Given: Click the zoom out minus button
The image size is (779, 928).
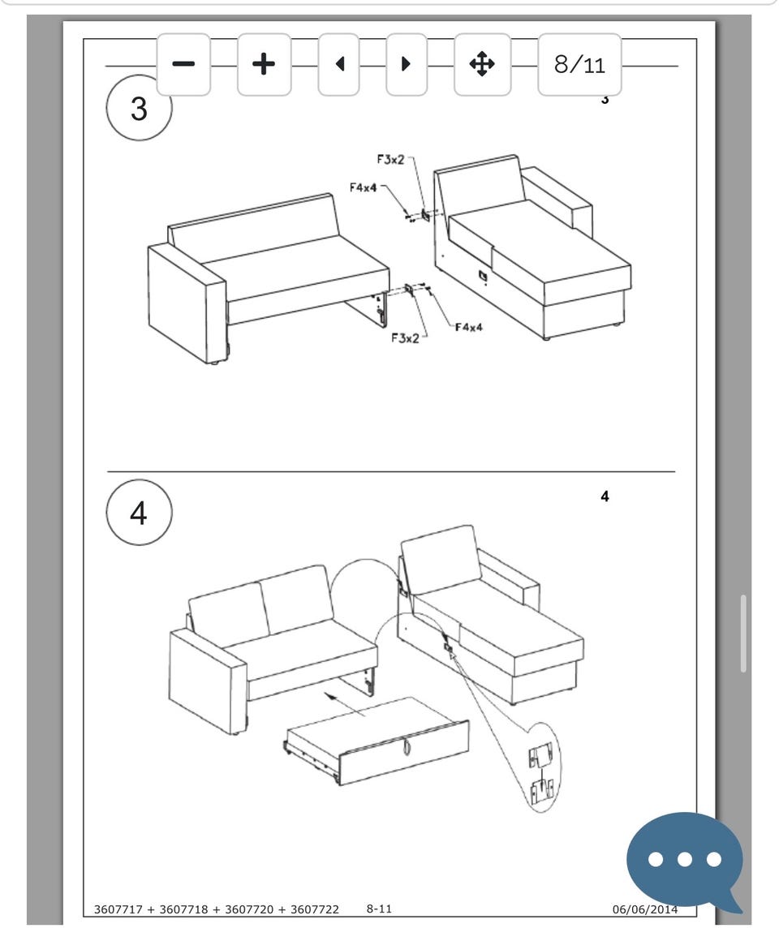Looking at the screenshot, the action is pos(183,64).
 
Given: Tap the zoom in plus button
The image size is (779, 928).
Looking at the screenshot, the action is pos(264,64).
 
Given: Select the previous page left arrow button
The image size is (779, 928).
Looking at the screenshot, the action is pos(338,64).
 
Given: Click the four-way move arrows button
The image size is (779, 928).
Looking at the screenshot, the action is pos(482,64).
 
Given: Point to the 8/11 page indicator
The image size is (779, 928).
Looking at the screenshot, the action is pos(579,64).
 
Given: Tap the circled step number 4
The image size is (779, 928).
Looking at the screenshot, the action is pos(139,513).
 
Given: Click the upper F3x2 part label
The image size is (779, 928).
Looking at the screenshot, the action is pos(390,159).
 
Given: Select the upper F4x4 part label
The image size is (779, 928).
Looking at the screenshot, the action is pos(364,187).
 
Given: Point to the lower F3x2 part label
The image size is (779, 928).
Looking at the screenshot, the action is pos(406,338).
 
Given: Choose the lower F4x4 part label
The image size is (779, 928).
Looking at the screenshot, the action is pos(469,327).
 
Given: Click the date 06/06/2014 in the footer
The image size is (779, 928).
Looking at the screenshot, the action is pos(644,909).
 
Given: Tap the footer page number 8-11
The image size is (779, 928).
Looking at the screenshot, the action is pos(379,909).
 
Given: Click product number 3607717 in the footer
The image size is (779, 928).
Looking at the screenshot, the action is pos(118,909).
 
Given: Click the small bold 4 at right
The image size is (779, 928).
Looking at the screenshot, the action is pos(605,496).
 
